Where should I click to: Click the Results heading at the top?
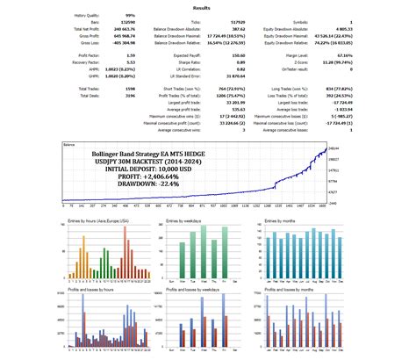click(x=208, y=8)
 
